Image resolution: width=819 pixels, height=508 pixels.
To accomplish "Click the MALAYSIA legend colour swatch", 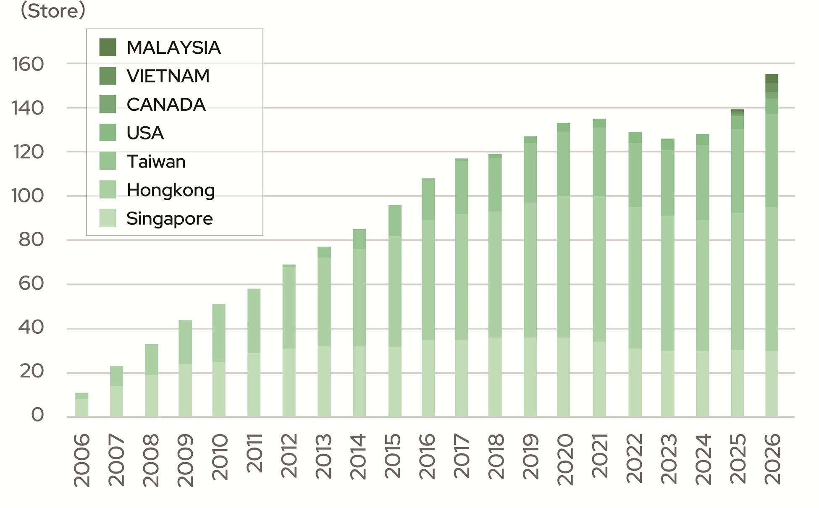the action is (x=108, y=47).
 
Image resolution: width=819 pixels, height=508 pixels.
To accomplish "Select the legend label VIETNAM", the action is (x=168, y=76).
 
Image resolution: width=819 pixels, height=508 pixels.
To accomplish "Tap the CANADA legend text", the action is (x=166, y=105).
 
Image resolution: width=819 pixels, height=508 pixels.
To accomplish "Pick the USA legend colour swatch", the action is (x=108, y=133).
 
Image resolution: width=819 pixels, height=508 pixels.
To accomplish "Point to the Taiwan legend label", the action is (x=156, y=162).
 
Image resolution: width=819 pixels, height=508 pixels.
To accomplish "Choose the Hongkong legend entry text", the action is (x=171, y=190).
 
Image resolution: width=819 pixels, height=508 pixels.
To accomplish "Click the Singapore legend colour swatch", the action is (x=108, y=218).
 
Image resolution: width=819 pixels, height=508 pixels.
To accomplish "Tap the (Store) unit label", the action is (x=53, y=10).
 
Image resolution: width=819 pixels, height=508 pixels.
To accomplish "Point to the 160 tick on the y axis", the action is (x=28, y=64).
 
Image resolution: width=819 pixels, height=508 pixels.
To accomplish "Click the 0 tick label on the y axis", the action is (x=37, y=415).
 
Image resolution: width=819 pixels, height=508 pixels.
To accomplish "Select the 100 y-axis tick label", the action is (x=28, y=196).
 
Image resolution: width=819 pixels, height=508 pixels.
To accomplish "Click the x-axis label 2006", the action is (x=82, y=460).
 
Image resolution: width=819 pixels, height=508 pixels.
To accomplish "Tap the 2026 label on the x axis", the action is (x=772, y=459).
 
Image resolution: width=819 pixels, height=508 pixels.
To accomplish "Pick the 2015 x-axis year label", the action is (x=393, y=456).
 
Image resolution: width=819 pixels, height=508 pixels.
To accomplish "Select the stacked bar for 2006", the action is (x=82, y=405).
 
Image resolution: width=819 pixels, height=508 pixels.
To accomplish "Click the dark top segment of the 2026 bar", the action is (x=772, y=79).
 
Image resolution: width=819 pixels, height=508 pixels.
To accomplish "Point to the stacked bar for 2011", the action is (x=254, y=353).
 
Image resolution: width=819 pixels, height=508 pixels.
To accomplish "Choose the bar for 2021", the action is (x=599, y=268).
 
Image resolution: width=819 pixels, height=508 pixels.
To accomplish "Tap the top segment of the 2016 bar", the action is (x=428, y=199).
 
